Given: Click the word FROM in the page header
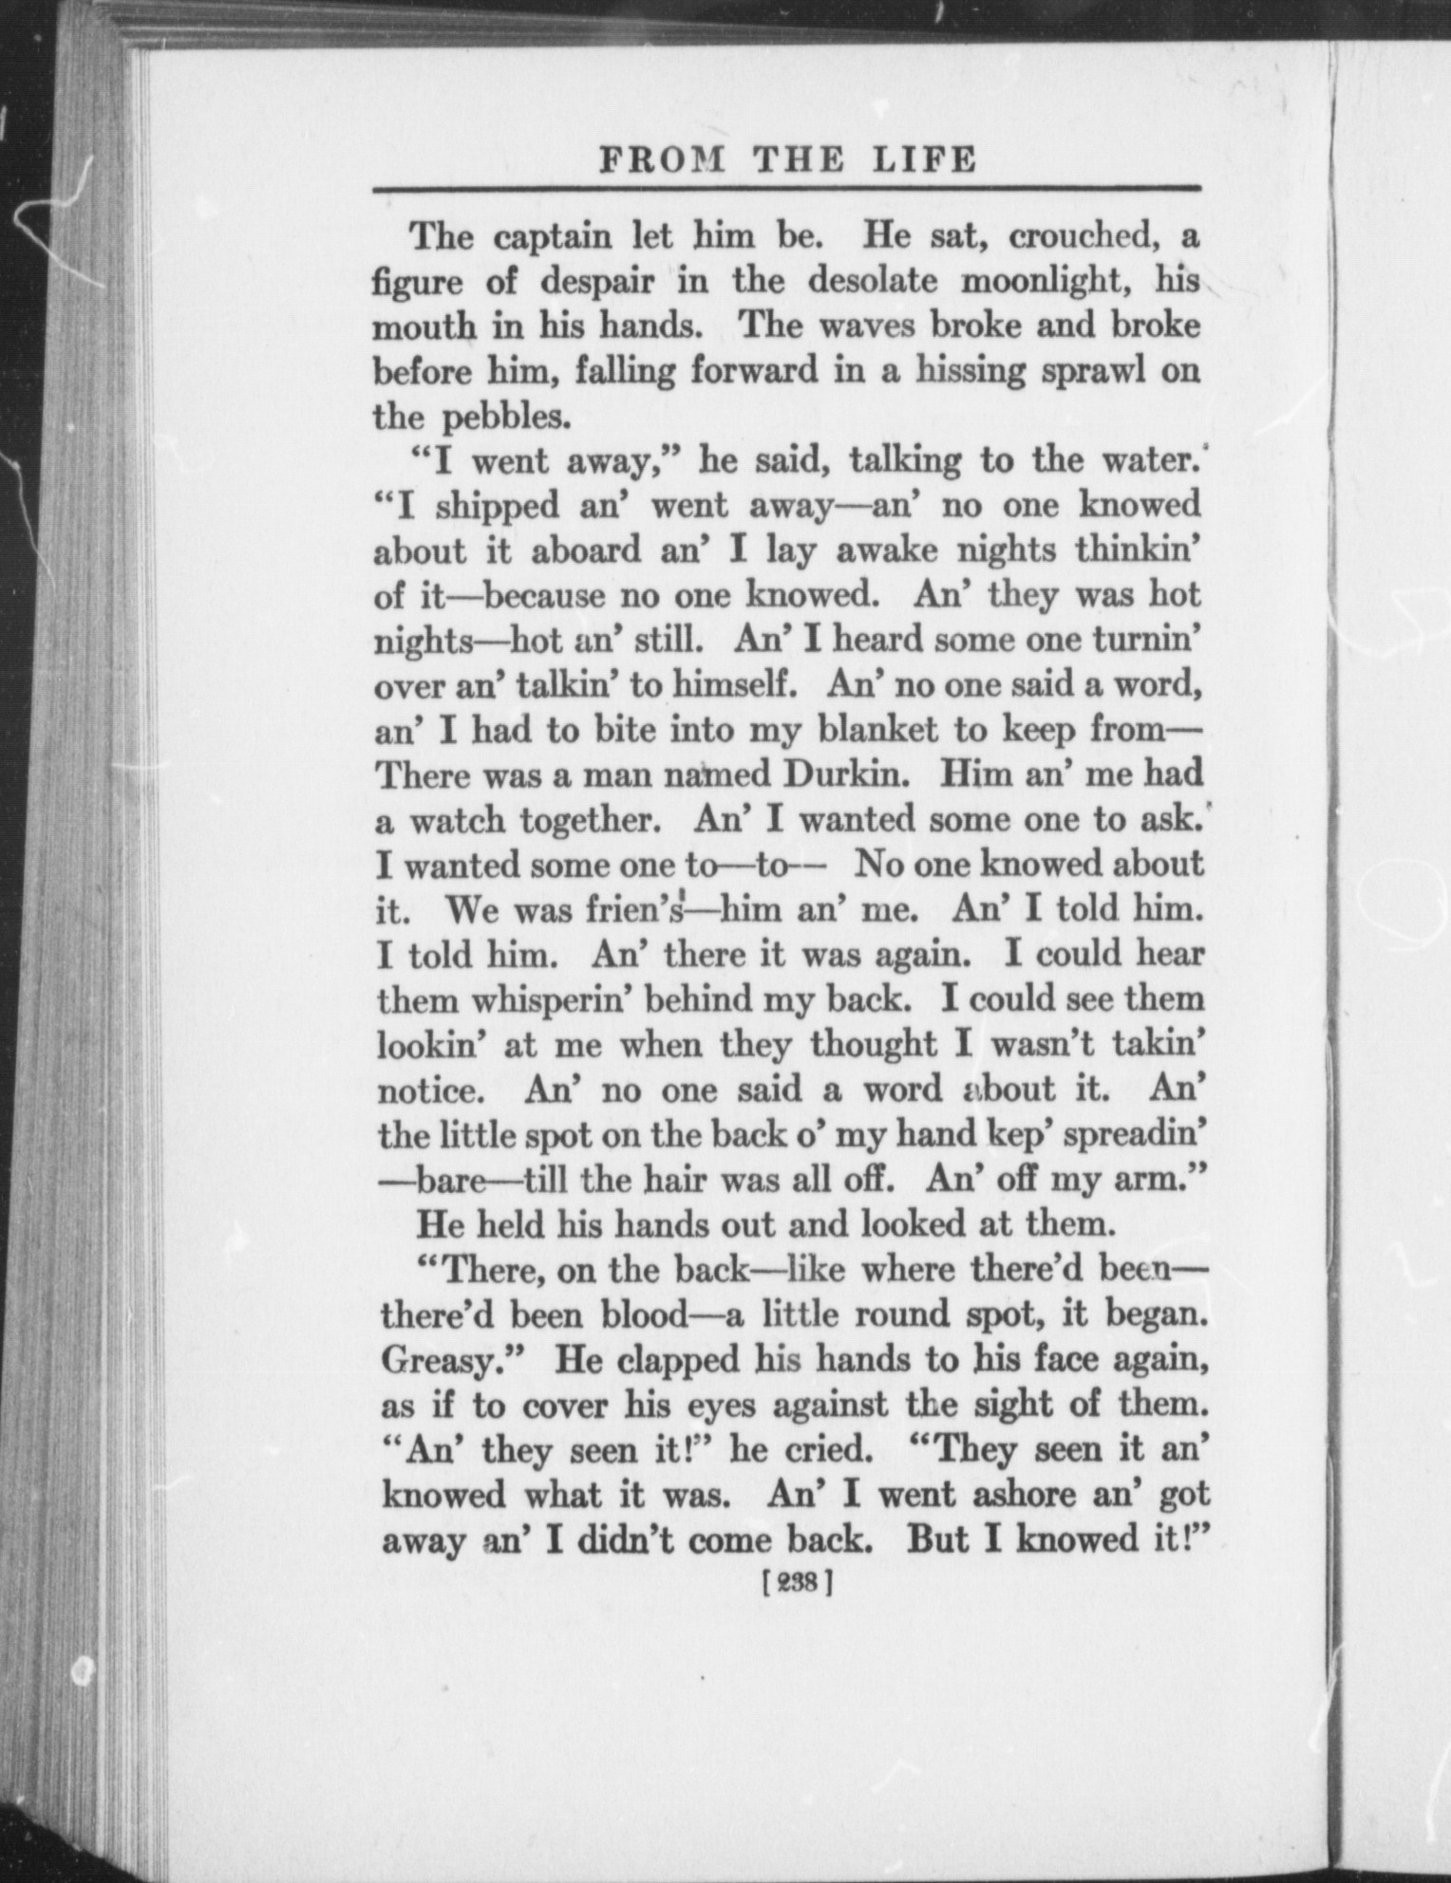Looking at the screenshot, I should [x=662, y=158].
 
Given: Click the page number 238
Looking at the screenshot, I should [x=798, y=1582].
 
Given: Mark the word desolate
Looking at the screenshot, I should [x=873, y=281].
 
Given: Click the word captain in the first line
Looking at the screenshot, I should [x=553, y=236].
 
